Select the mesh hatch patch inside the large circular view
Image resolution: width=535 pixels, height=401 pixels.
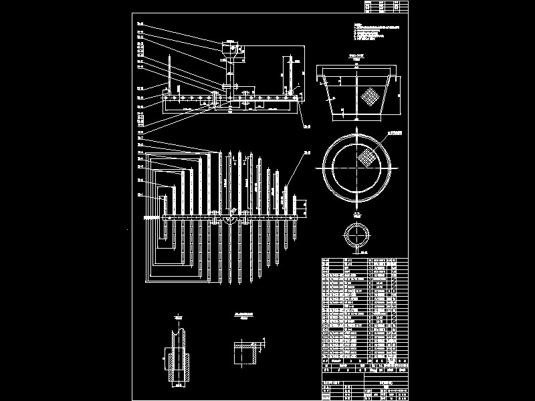(x=365, y=158)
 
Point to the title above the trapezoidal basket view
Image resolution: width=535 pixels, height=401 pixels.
(x=356, y=58)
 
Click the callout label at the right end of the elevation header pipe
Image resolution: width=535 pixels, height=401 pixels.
(x=308, y=125)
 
